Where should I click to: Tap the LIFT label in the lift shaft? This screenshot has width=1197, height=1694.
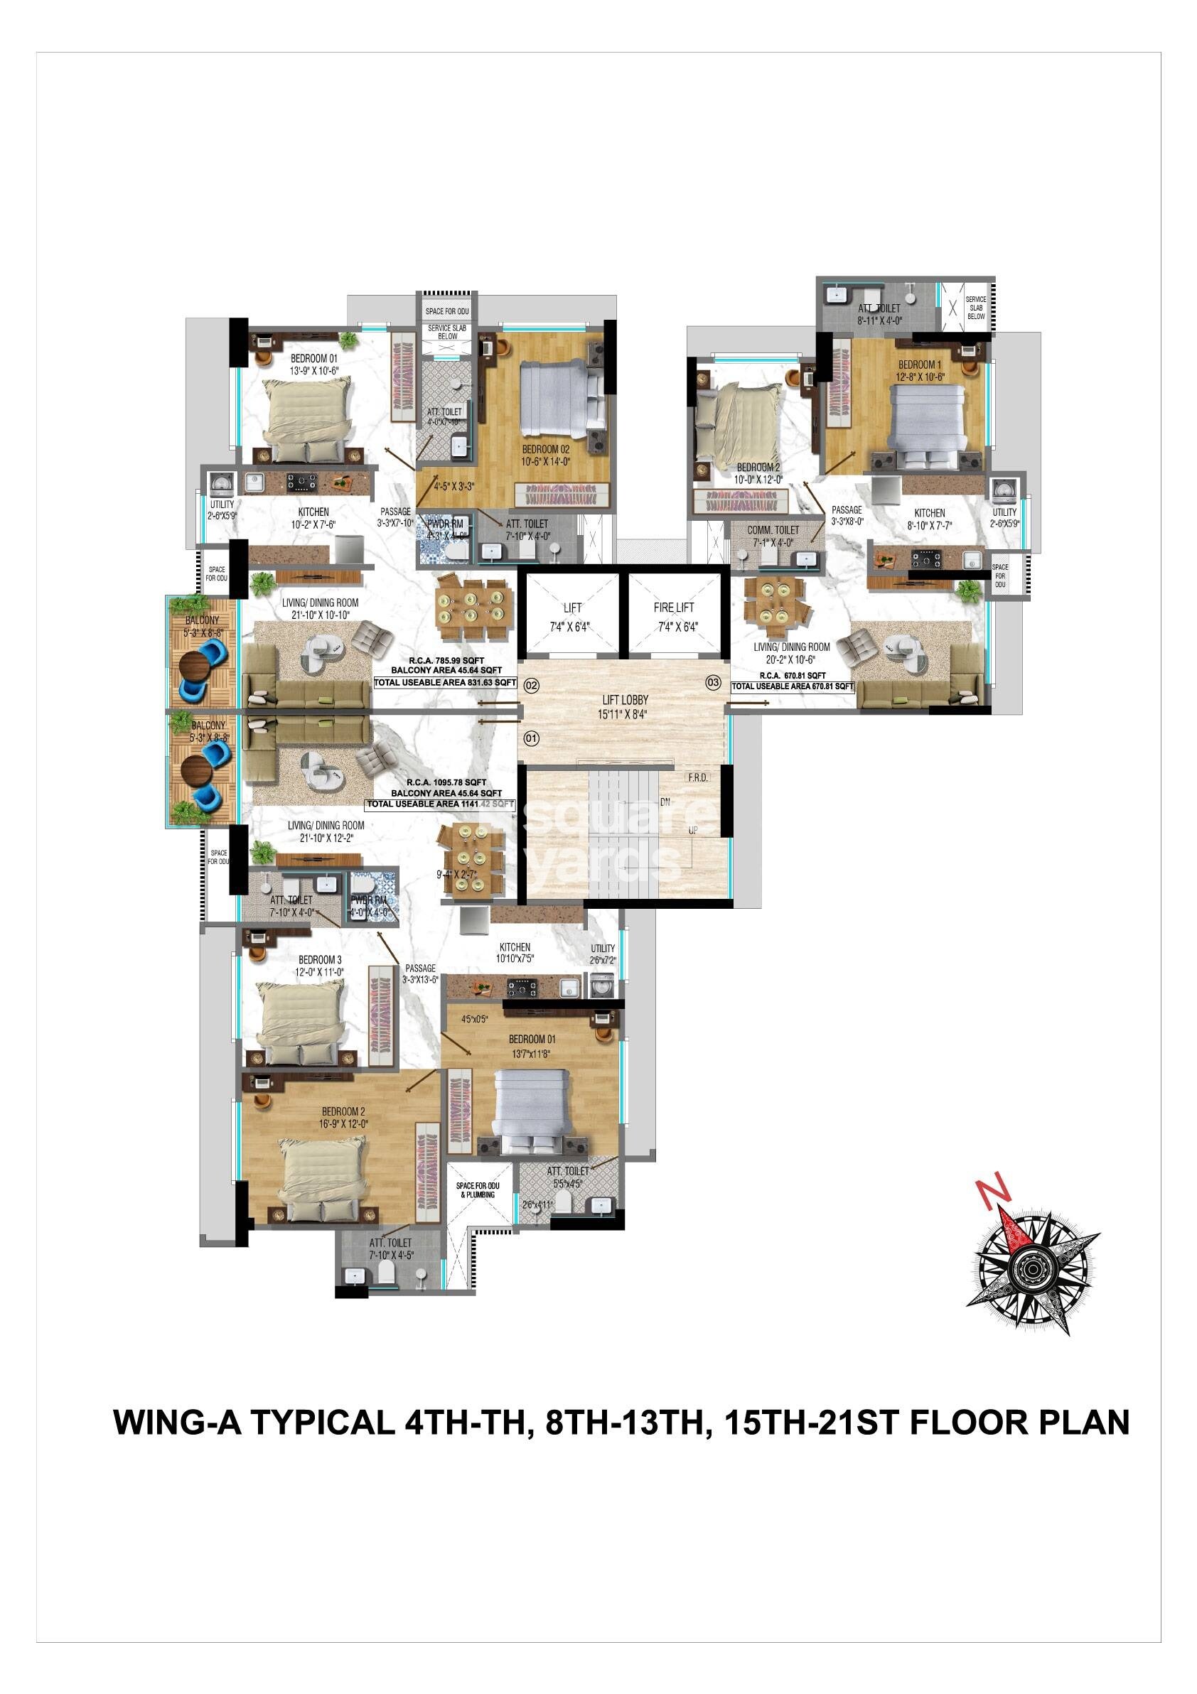pos(572,608)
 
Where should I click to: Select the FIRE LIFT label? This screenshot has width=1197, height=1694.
pos(673,608)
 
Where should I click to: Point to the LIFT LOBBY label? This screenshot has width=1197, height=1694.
pos(624,700)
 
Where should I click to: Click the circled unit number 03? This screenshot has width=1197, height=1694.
pos(713,682)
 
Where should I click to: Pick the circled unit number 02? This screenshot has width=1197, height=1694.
pos(532,686)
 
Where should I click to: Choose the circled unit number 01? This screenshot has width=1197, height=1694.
pos(532,738)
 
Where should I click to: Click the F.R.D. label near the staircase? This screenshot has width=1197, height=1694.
pos(697,777)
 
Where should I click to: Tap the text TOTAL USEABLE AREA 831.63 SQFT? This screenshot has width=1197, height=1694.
pos(445,683)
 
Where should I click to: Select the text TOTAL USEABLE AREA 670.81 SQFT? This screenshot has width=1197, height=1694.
pos(793,686)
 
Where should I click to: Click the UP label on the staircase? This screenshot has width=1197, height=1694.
pos(692,831)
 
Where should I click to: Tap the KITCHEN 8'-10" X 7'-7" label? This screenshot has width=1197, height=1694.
pos(929,519)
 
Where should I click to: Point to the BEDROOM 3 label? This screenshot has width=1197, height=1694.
pos(320,966)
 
